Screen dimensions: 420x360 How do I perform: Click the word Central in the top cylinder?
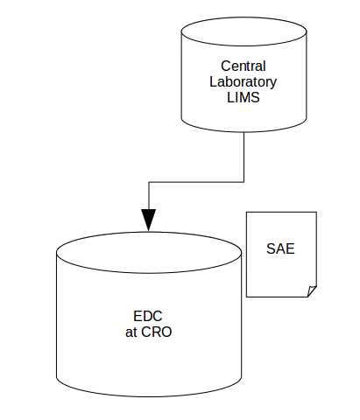243,66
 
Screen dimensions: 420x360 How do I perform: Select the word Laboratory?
243,81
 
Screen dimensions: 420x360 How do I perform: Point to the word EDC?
148,316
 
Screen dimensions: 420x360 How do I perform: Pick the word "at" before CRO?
132,332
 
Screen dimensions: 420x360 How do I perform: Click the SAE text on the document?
280,248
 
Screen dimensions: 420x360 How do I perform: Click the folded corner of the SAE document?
311,291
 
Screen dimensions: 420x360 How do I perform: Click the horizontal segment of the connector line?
197,182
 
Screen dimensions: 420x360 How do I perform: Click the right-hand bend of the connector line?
244,182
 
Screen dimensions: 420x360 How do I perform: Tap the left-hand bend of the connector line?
149,182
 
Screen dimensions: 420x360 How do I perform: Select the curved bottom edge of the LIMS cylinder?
243,130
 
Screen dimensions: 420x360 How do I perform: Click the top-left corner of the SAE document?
248,213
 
